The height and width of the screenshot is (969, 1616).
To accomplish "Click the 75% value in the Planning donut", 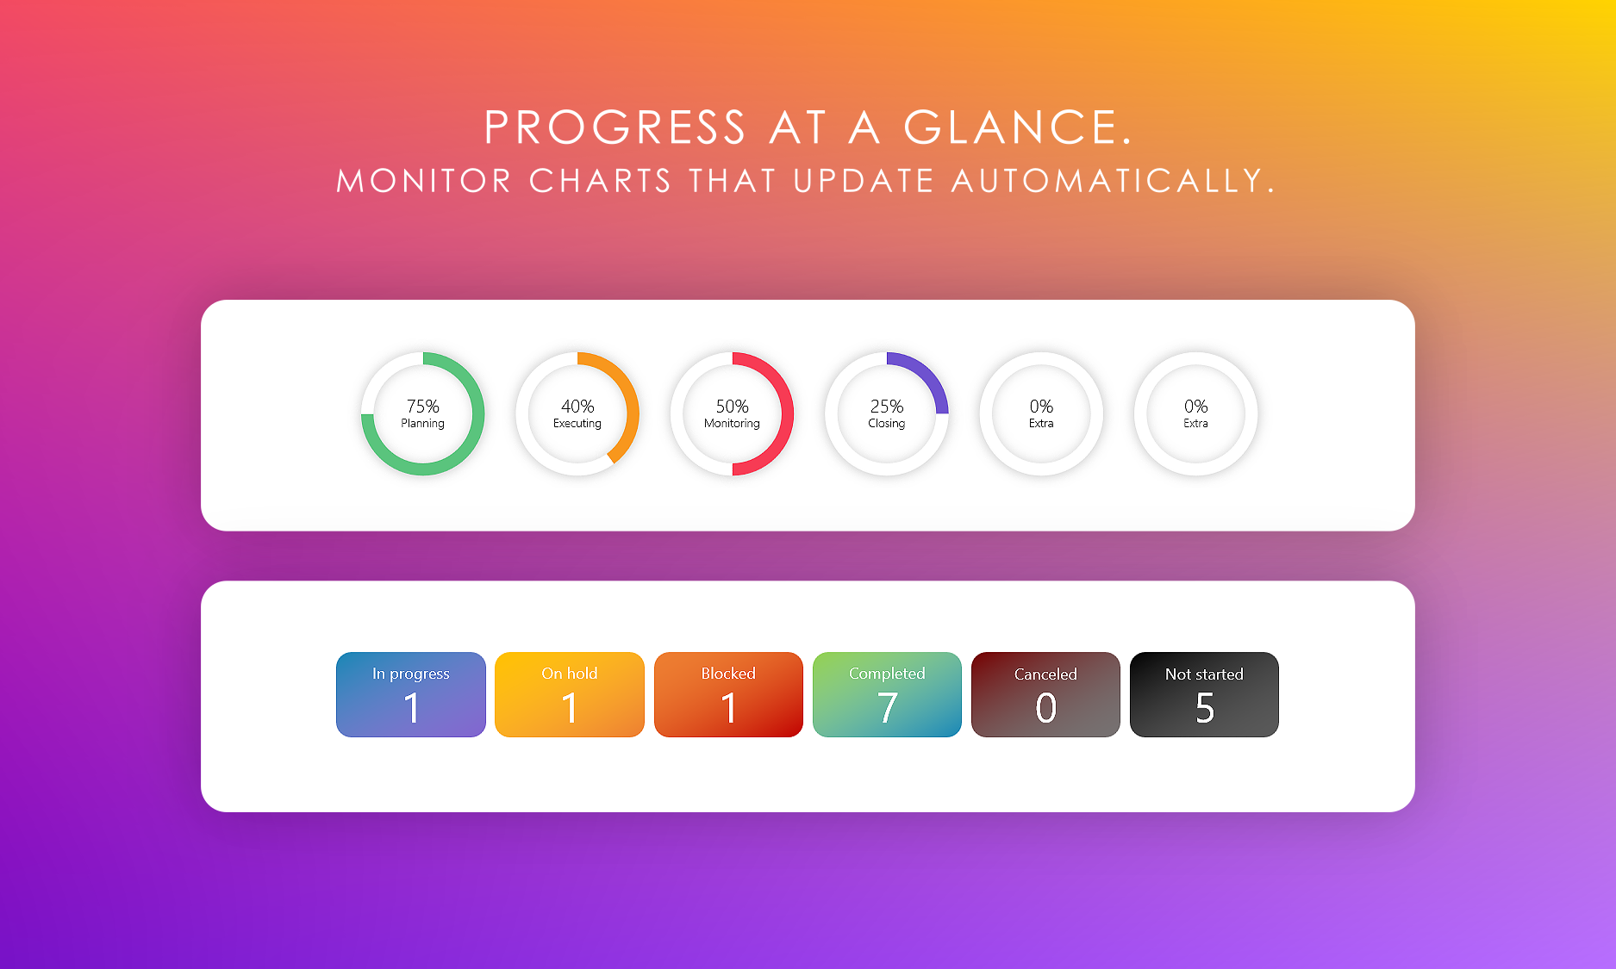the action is pyautogui.click(x=422, y=406).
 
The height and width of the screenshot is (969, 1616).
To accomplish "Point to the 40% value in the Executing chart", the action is pyautogui.click(x=577, y=406).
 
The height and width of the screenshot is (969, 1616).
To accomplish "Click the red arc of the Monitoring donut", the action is pyautogui.click(x=787, y=413).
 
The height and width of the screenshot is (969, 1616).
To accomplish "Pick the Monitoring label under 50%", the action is pyautogui.click(x=732, y=423).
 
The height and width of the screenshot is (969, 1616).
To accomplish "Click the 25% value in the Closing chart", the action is pyautogui.click(x=887, y=406).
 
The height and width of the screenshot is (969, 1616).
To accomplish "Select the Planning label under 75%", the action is pyautogui.click(x=422, y=424).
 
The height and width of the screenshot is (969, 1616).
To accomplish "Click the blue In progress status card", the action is pyautogui.click(x=411, y=694).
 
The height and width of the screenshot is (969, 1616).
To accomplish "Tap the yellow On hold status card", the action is pyautogui.click(x=570, y=694).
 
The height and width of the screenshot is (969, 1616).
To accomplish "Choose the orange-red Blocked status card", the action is pyautogui.click(x=728, y=694).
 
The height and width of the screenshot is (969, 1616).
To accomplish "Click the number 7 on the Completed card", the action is pyautogui.click(x=888, y=708).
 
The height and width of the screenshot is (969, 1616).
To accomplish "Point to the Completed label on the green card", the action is pyautogui.click(x=887, y=674).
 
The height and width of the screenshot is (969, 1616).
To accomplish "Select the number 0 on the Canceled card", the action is pyautogui.click(x=1045, y=708).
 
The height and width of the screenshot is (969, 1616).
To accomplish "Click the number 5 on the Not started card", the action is pyautogui.click(x=1205, y=708).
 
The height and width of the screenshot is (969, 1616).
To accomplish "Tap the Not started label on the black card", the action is pyautogui.click(x=1204, y=674).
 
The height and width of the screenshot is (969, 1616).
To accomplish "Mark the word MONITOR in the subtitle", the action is pyautogui.click(x=424, y=181).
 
